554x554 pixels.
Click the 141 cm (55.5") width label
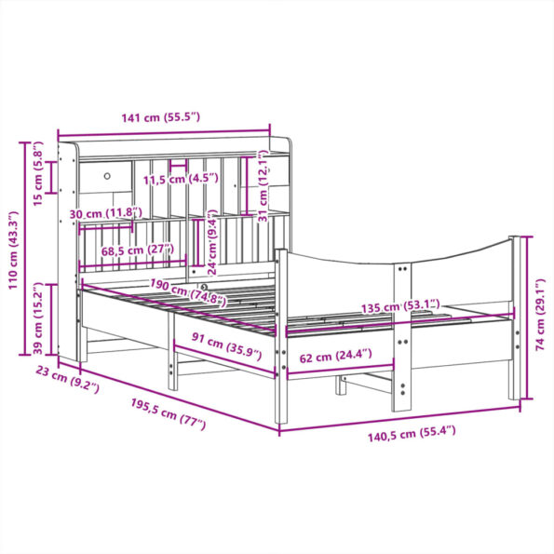tap(161, 117)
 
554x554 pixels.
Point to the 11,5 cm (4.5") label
tap(181, 179)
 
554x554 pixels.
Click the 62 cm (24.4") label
tap(336, 354)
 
